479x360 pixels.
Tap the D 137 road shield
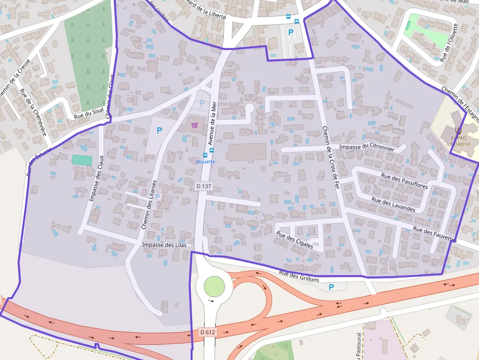204,186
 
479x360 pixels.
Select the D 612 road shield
208,332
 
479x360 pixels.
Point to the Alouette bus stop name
205,161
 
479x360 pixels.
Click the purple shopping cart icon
195,125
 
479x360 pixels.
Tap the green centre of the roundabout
214,286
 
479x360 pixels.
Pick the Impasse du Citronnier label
367,147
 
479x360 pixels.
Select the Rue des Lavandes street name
393,204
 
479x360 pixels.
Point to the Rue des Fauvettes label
435,235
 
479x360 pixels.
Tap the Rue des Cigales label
295,240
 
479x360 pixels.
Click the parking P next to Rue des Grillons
331,287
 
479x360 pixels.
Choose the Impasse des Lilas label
164,245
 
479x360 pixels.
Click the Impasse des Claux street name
96,178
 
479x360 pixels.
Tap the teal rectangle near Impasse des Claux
82,160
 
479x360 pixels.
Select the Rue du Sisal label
88,114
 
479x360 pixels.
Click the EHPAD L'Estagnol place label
458,140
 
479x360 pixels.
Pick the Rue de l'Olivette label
449,42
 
